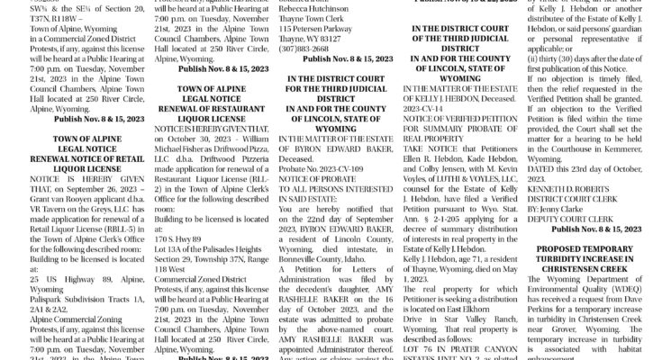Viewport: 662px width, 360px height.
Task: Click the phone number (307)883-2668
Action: click(x=305, y=48)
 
